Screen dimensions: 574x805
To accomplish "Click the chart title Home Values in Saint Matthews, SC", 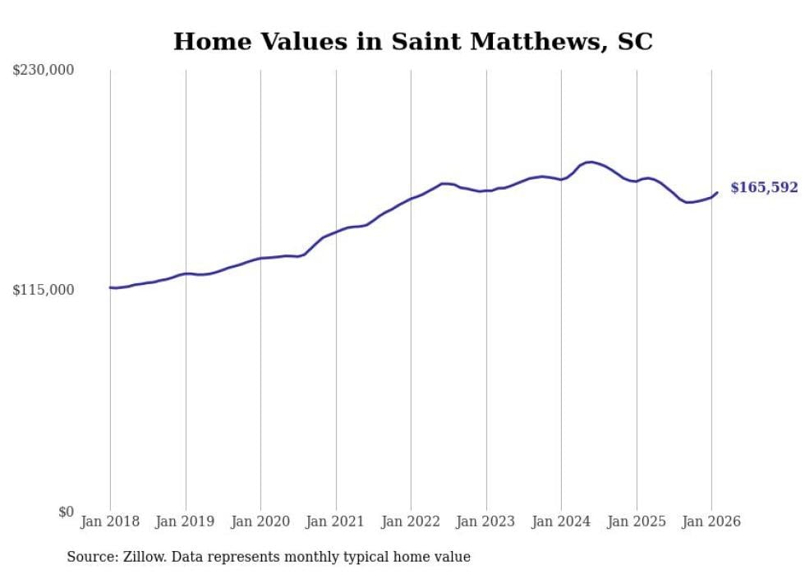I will [413, 42].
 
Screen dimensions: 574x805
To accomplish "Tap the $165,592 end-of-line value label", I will [764, 188].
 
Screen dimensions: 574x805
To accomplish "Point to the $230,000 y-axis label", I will [43, 71].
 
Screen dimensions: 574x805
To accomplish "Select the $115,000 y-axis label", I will [43, 290].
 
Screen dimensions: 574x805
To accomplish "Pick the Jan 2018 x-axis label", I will [110, 521].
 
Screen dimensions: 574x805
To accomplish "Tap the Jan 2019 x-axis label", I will [186, 521].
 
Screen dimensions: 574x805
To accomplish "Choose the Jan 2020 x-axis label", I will [260, 521].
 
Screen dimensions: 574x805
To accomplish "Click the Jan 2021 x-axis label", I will [336, 521].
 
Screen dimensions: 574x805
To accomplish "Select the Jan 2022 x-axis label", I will [411, 521].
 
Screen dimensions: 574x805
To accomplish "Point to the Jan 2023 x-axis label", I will [486, 521].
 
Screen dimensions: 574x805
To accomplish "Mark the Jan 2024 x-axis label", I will [561, 521].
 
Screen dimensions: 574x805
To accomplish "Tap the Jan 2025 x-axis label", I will [637, 521].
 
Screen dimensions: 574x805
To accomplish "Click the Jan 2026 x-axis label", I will [711, 521].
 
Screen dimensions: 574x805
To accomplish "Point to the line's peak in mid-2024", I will [589, 162].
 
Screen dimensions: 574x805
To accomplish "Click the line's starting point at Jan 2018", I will [110, 287].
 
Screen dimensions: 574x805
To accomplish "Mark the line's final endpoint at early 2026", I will [717, 193].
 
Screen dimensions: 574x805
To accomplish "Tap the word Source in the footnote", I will [91, 557].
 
